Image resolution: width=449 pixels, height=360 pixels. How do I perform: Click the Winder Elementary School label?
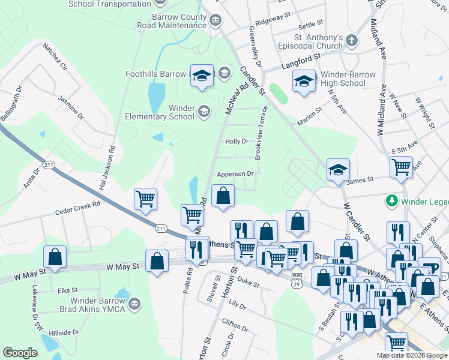click(x=160, y=112)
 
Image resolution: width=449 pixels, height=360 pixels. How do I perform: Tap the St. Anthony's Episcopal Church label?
click(x=310, y=41)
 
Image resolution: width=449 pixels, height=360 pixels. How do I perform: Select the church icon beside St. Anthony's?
click(x=352, y=40)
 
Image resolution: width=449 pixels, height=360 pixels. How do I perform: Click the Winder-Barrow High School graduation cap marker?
click(x=304, y=80)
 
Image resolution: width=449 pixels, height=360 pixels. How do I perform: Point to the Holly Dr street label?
click(x=237, y=142)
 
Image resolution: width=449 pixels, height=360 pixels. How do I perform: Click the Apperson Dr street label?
click(x=235, y=173)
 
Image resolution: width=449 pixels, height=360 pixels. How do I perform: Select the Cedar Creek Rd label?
click(x=77, y=207)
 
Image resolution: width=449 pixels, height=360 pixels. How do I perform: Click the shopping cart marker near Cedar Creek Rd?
click(x=146, y=199)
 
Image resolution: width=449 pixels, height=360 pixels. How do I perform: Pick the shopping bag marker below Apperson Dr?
click(x=223, y=196)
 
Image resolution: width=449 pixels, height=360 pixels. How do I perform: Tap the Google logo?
click(x=20, y=353)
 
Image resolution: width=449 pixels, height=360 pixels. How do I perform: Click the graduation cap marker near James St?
click(x=338, y=170)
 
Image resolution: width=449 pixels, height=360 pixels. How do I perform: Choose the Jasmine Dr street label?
click(x=71, y=104)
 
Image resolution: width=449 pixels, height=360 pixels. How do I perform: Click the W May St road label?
click(x=122, y=266)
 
